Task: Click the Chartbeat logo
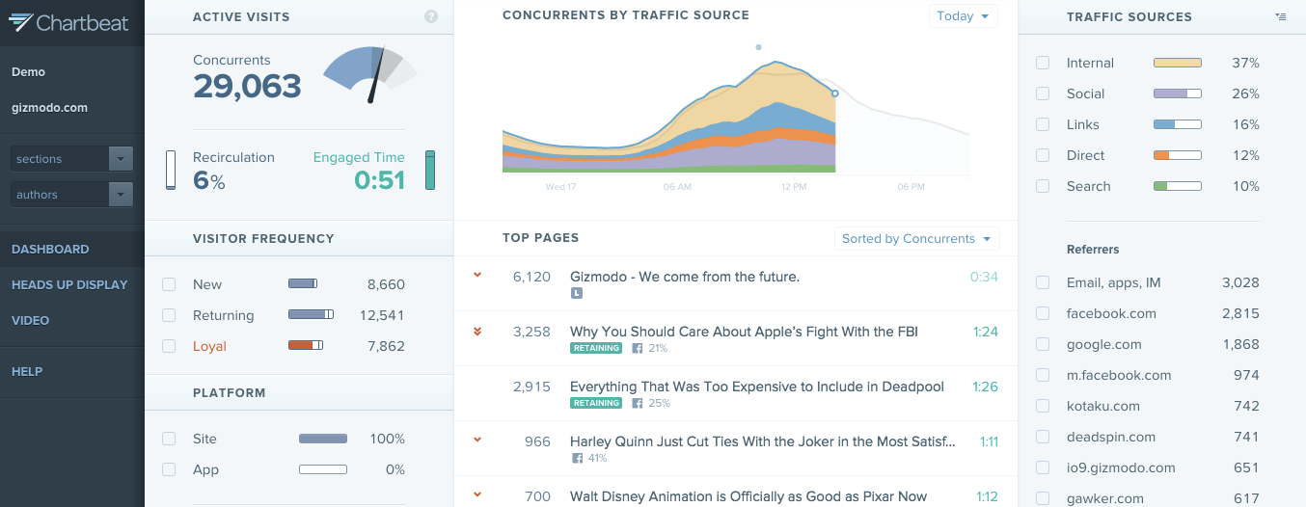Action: [68, 22]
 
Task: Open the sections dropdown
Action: [71, 159]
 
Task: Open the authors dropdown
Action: [71, 195]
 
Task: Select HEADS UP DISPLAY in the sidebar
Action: [69, 284]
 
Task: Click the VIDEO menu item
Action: [30, 320]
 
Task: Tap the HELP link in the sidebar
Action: [27, 371]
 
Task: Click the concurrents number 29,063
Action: [247, 87]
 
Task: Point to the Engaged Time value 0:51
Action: [379, 180]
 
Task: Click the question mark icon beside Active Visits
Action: [431, 16]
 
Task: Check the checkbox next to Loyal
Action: [170, 346]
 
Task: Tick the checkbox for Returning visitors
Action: [170, 315]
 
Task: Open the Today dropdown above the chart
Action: [963, 16]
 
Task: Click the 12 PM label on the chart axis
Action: [794, 186]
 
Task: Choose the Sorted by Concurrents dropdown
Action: [916, 239]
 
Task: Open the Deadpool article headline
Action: [756, 387]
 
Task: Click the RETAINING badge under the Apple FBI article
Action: [595, 348]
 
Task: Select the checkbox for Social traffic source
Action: [1043, 93]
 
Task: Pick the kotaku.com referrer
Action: [1102, 406]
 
